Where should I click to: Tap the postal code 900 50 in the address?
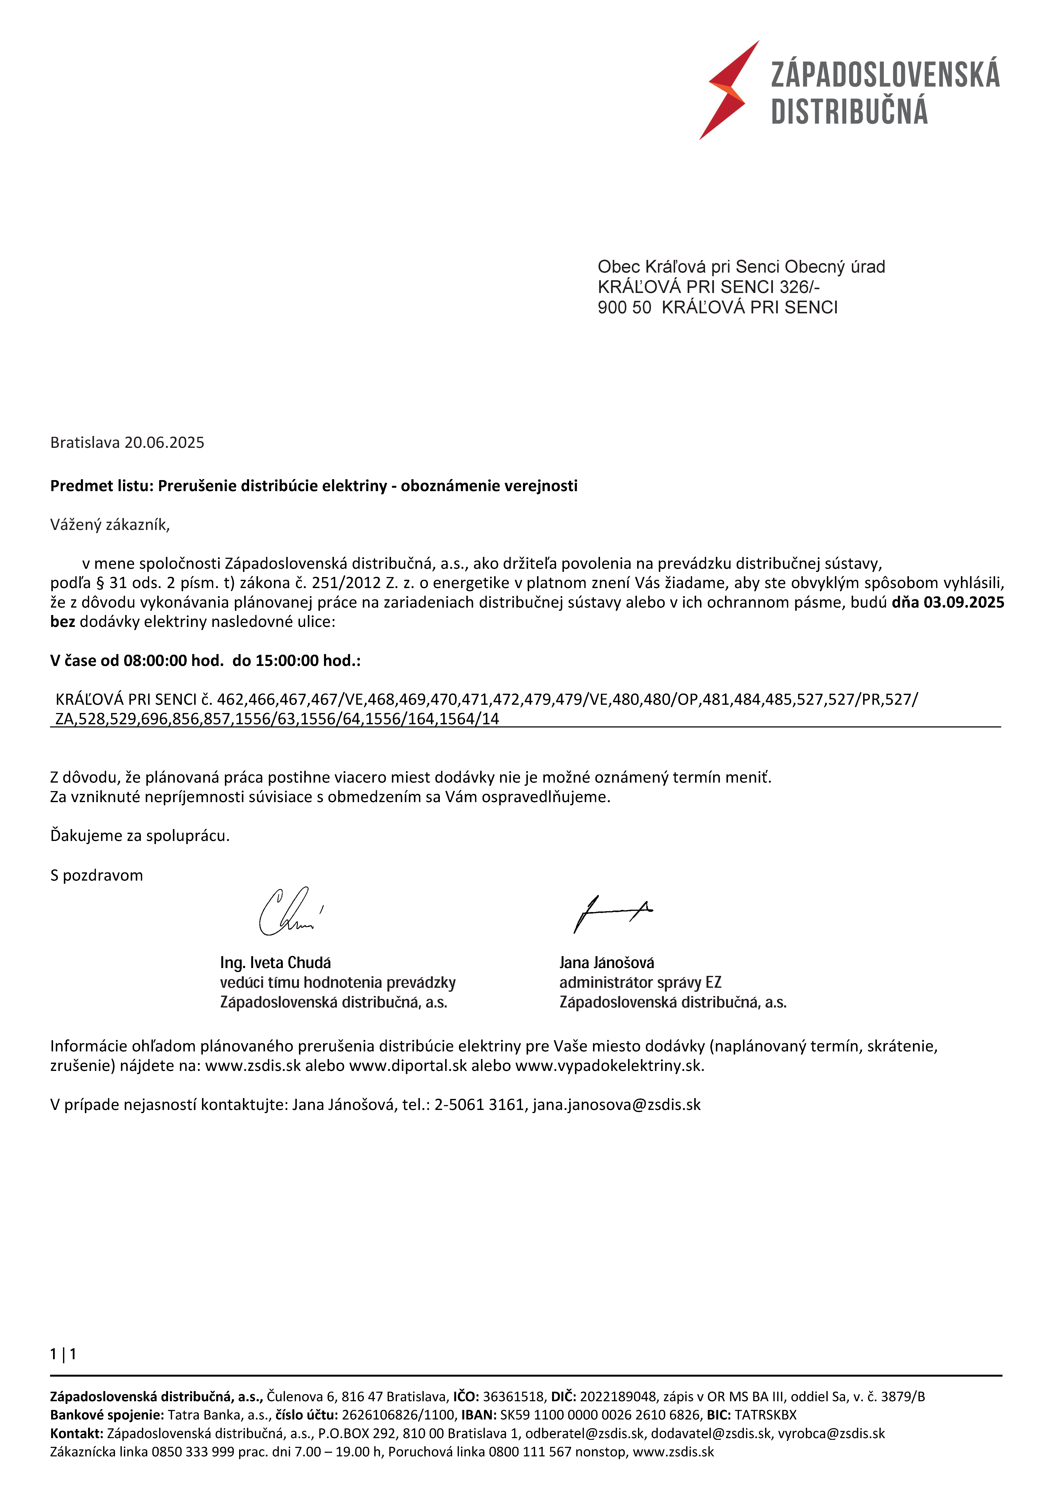pyautogui.click(x=624, y=307)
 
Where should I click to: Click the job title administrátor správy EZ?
pyautogui.click(x=640, y=983)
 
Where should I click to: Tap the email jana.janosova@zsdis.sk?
pyautogui.click(x=617, y=1105)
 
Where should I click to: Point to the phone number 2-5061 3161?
pyautogui.click(x=479, y=1105)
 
